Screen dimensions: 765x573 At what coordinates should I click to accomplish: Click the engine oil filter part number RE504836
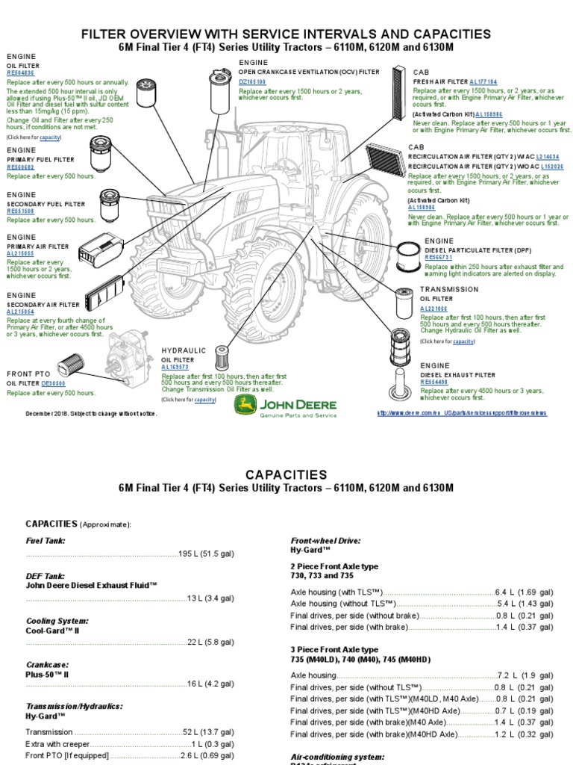click(21, 73)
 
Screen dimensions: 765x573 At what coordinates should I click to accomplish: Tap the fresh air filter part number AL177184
click(483, 81)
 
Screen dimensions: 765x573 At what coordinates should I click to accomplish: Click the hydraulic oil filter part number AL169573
click(177, 368)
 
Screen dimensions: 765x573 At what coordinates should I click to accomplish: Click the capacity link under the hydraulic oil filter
click(204, 400)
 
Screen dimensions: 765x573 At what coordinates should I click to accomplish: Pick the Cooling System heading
click(57, 621)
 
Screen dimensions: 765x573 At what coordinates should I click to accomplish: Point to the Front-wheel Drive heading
click(325, 539)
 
